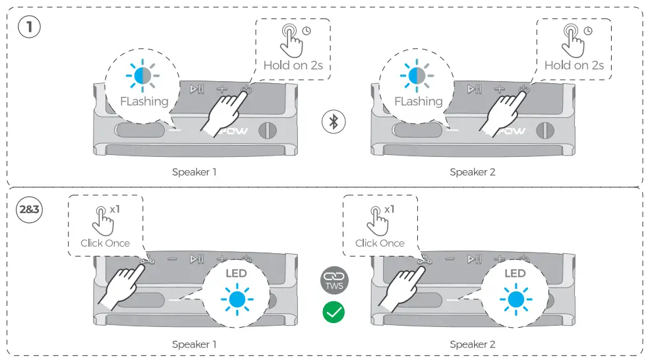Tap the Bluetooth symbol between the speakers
pos(334,121)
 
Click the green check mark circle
pos(334,311)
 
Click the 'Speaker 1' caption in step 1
pos(194,173)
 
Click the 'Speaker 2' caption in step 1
pos(472,173)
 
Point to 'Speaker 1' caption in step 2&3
pos(194,344)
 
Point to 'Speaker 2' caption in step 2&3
pos(472,344)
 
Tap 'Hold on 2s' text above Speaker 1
pos(293,65)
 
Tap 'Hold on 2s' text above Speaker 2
pos(574,65)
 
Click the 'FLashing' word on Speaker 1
pos(144,102)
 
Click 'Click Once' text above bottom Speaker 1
pos(105,243)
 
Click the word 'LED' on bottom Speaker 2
pos(515,273)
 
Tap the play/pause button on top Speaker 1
pos(196,89)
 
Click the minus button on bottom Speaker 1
pos(173,260)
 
